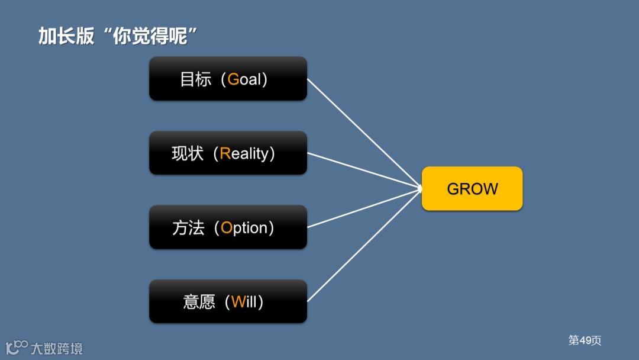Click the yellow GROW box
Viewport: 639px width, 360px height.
(x=472, y=189)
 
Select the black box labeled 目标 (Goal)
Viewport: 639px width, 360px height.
(x=228, y=79)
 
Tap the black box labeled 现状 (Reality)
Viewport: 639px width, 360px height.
(x=228, y=153)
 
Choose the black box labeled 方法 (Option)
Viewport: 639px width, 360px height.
(x=228, y=227)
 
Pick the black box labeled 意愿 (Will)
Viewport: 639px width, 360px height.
(x=228, y=301)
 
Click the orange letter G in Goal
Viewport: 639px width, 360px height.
(x=233, y=79)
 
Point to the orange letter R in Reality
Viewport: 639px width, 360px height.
(x=225, y=154)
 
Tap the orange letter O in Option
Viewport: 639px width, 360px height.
(x=227, y=228)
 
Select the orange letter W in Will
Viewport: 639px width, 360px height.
(x=238, y=302)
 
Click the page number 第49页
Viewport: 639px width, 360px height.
(x=585, y=340)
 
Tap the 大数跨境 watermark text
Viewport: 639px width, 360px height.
(x=57, y=348)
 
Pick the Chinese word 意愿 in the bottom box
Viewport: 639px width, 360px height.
(x=199, y=302)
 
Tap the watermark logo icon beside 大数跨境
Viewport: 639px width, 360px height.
(x=16, y=347)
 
